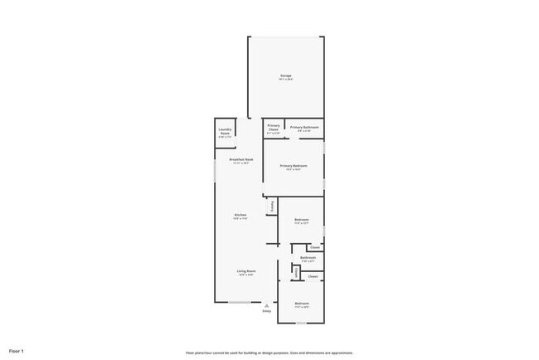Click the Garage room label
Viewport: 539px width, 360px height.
(285, 75)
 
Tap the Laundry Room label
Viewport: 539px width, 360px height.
(225, 131)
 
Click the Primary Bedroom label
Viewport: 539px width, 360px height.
(293, 166)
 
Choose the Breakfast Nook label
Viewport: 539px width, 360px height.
(240, 159)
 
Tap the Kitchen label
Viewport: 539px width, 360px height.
(240, 215)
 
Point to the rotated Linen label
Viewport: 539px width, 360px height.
(296, 273)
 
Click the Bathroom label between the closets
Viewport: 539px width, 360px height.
(307, 258)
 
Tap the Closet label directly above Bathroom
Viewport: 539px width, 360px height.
(314, 246)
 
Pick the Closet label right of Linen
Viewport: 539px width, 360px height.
(313, 276)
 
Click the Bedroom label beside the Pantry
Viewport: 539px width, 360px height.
(301, 220)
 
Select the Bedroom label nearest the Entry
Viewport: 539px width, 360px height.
(301, 304)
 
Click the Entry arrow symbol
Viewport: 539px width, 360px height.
(267, 304)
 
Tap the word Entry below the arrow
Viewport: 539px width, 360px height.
(267, 311)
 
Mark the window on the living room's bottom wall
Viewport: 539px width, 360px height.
(241, 302)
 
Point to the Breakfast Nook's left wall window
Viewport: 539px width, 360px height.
(216, 171)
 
